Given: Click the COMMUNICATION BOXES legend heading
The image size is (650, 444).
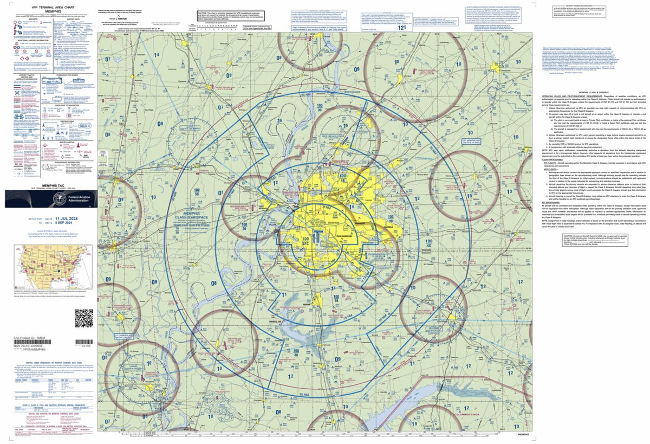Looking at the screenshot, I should [x=74, y=75].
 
